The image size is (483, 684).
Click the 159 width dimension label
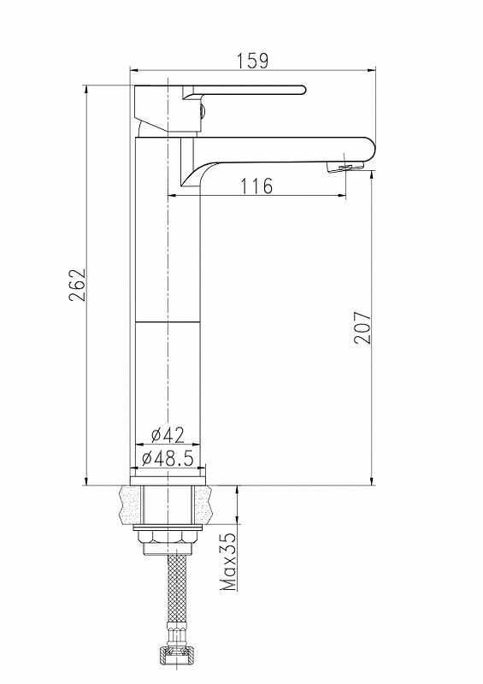click(x=252, y=61)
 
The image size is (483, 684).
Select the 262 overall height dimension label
click(x=77, y=285)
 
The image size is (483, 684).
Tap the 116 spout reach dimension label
click(x=256, y=186)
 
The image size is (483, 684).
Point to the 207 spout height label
click(x=362, y=327)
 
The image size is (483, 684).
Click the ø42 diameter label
click(x=168, y=434)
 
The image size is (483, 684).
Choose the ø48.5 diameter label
click(x=168, y=458)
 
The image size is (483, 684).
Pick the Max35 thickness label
click(x=228, y=562)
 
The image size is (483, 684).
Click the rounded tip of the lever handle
click(x=303, y=90)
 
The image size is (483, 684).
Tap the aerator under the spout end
click(x=345, y=166)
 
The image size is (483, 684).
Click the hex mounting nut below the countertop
click(x=168, y=537)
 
